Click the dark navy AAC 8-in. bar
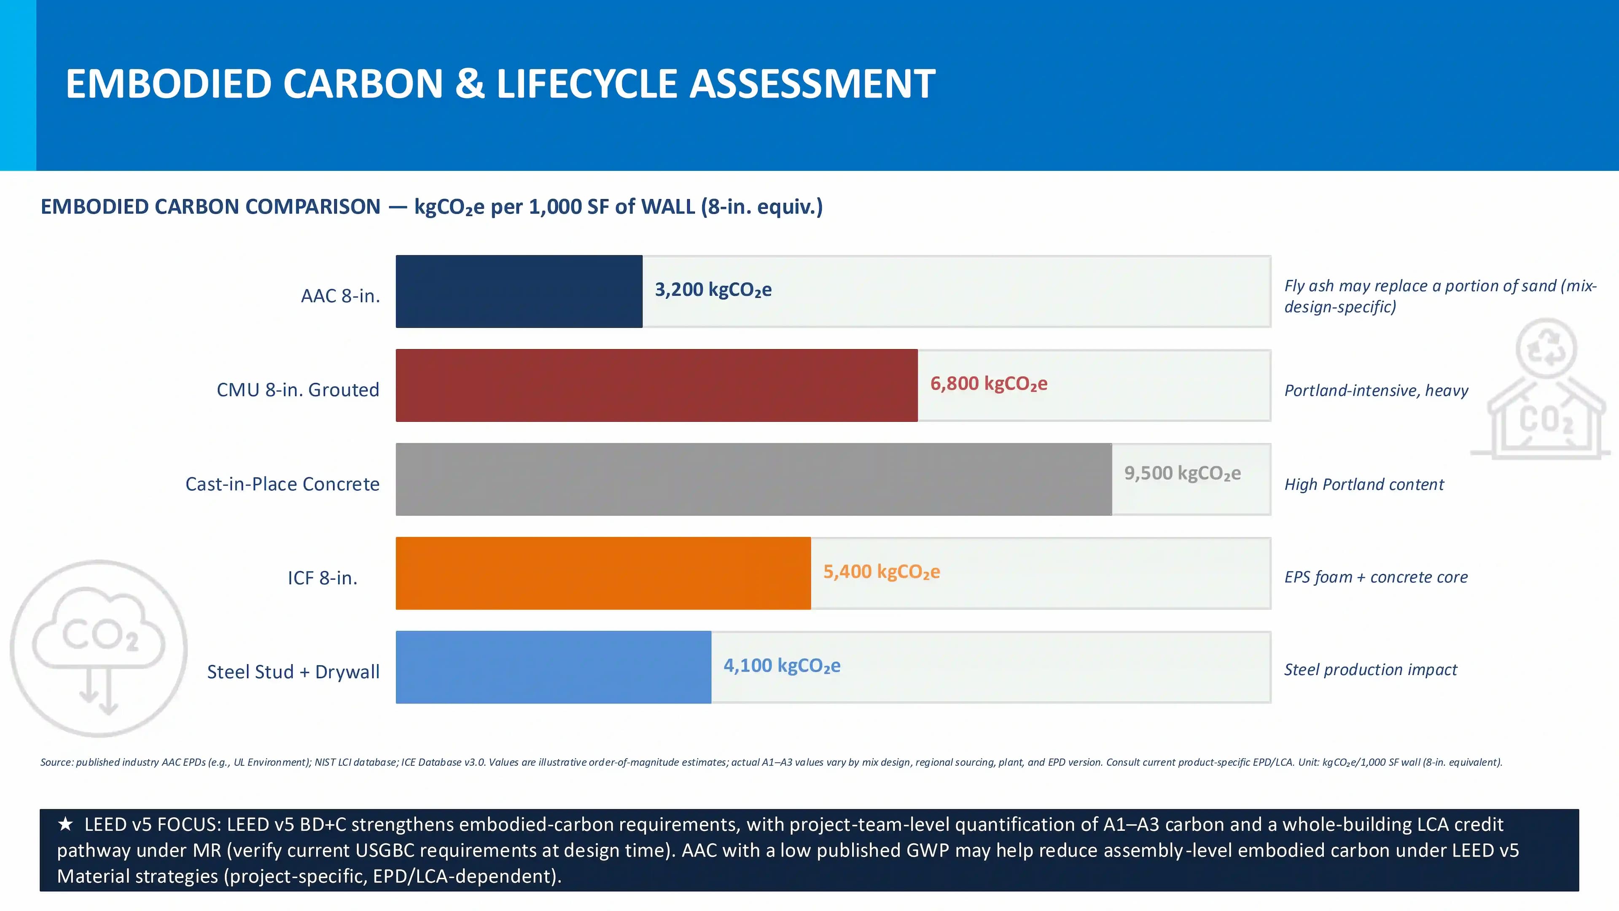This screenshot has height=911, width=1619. click(519, 291)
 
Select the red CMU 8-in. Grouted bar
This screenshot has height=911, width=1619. click(657, 385)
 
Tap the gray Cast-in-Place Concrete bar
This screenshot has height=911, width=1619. click(753, 479)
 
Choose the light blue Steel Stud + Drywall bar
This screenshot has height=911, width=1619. click(554, 667)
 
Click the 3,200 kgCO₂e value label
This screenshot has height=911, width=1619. click(713, 290)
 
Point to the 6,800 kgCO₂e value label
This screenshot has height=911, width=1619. click(989, 383)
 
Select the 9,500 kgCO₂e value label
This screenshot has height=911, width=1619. click(1182, 473)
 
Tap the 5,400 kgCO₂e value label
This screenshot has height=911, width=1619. click(882, 572)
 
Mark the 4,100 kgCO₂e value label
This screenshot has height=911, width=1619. click(782, 666)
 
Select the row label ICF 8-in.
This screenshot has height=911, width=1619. click(323, 578)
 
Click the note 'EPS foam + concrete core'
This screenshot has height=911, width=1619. click(1376, 577)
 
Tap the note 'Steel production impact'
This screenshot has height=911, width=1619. click(1370, 670)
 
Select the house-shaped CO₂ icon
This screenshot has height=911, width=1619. click(1541, 388)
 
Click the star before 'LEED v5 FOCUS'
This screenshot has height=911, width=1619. click(65, 824)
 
